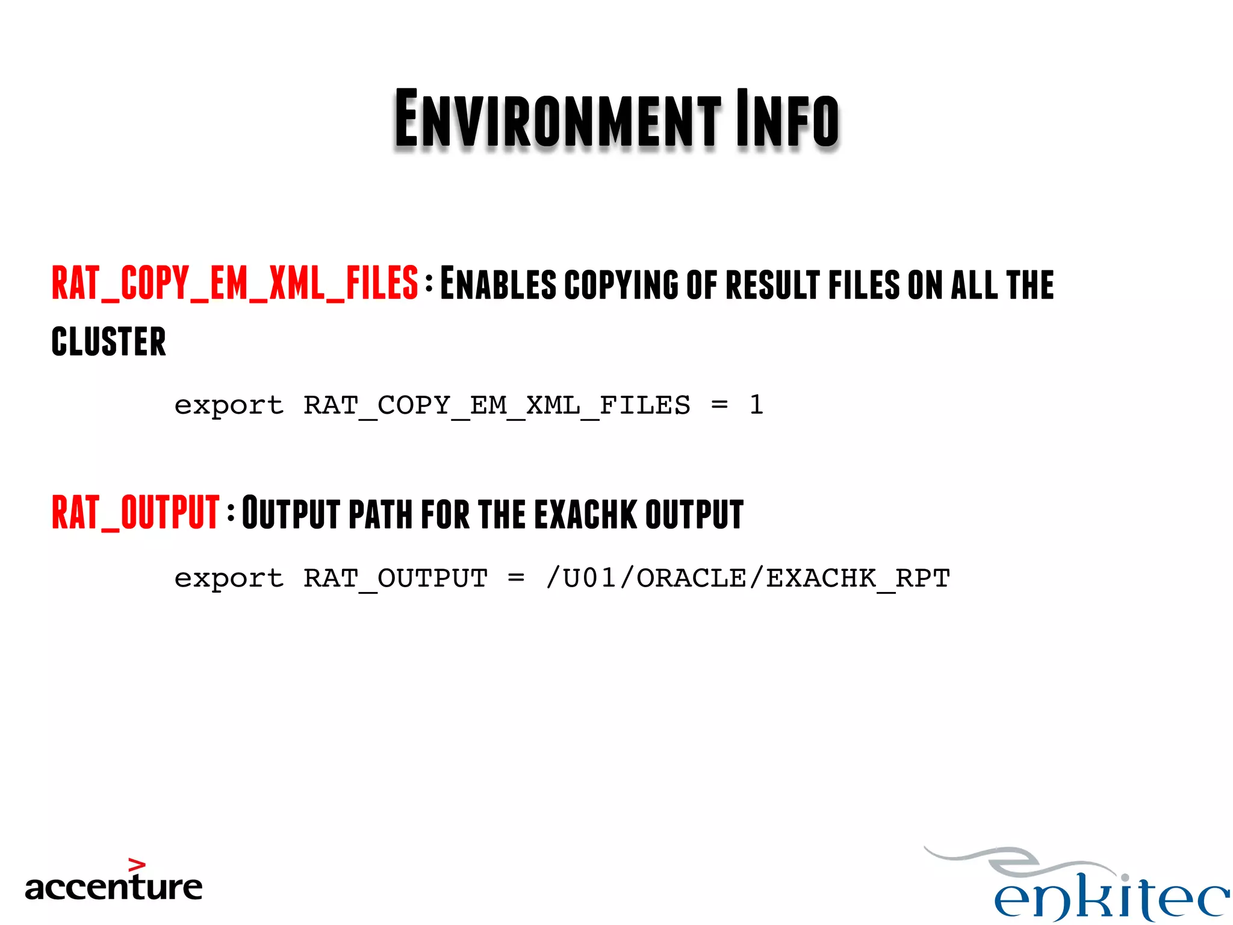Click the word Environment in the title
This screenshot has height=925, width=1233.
557,119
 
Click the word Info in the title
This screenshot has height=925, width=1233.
787,119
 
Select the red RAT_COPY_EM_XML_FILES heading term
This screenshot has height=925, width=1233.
235,283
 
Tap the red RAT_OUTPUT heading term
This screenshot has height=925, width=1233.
135,512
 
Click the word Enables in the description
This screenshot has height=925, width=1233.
498,284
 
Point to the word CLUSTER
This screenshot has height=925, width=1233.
109,341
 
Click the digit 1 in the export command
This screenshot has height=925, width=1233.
756,405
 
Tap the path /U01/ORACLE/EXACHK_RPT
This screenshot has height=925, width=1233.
748,579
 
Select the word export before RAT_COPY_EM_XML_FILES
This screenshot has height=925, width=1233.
229,405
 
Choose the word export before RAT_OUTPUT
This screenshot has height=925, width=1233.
229,579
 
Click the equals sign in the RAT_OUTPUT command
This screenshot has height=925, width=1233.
516,579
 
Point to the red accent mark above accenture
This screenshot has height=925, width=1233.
137,865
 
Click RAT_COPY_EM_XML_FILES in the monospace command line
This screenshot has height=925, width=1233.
497,405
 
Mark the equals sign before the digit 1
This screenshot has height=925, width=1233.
719,405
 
